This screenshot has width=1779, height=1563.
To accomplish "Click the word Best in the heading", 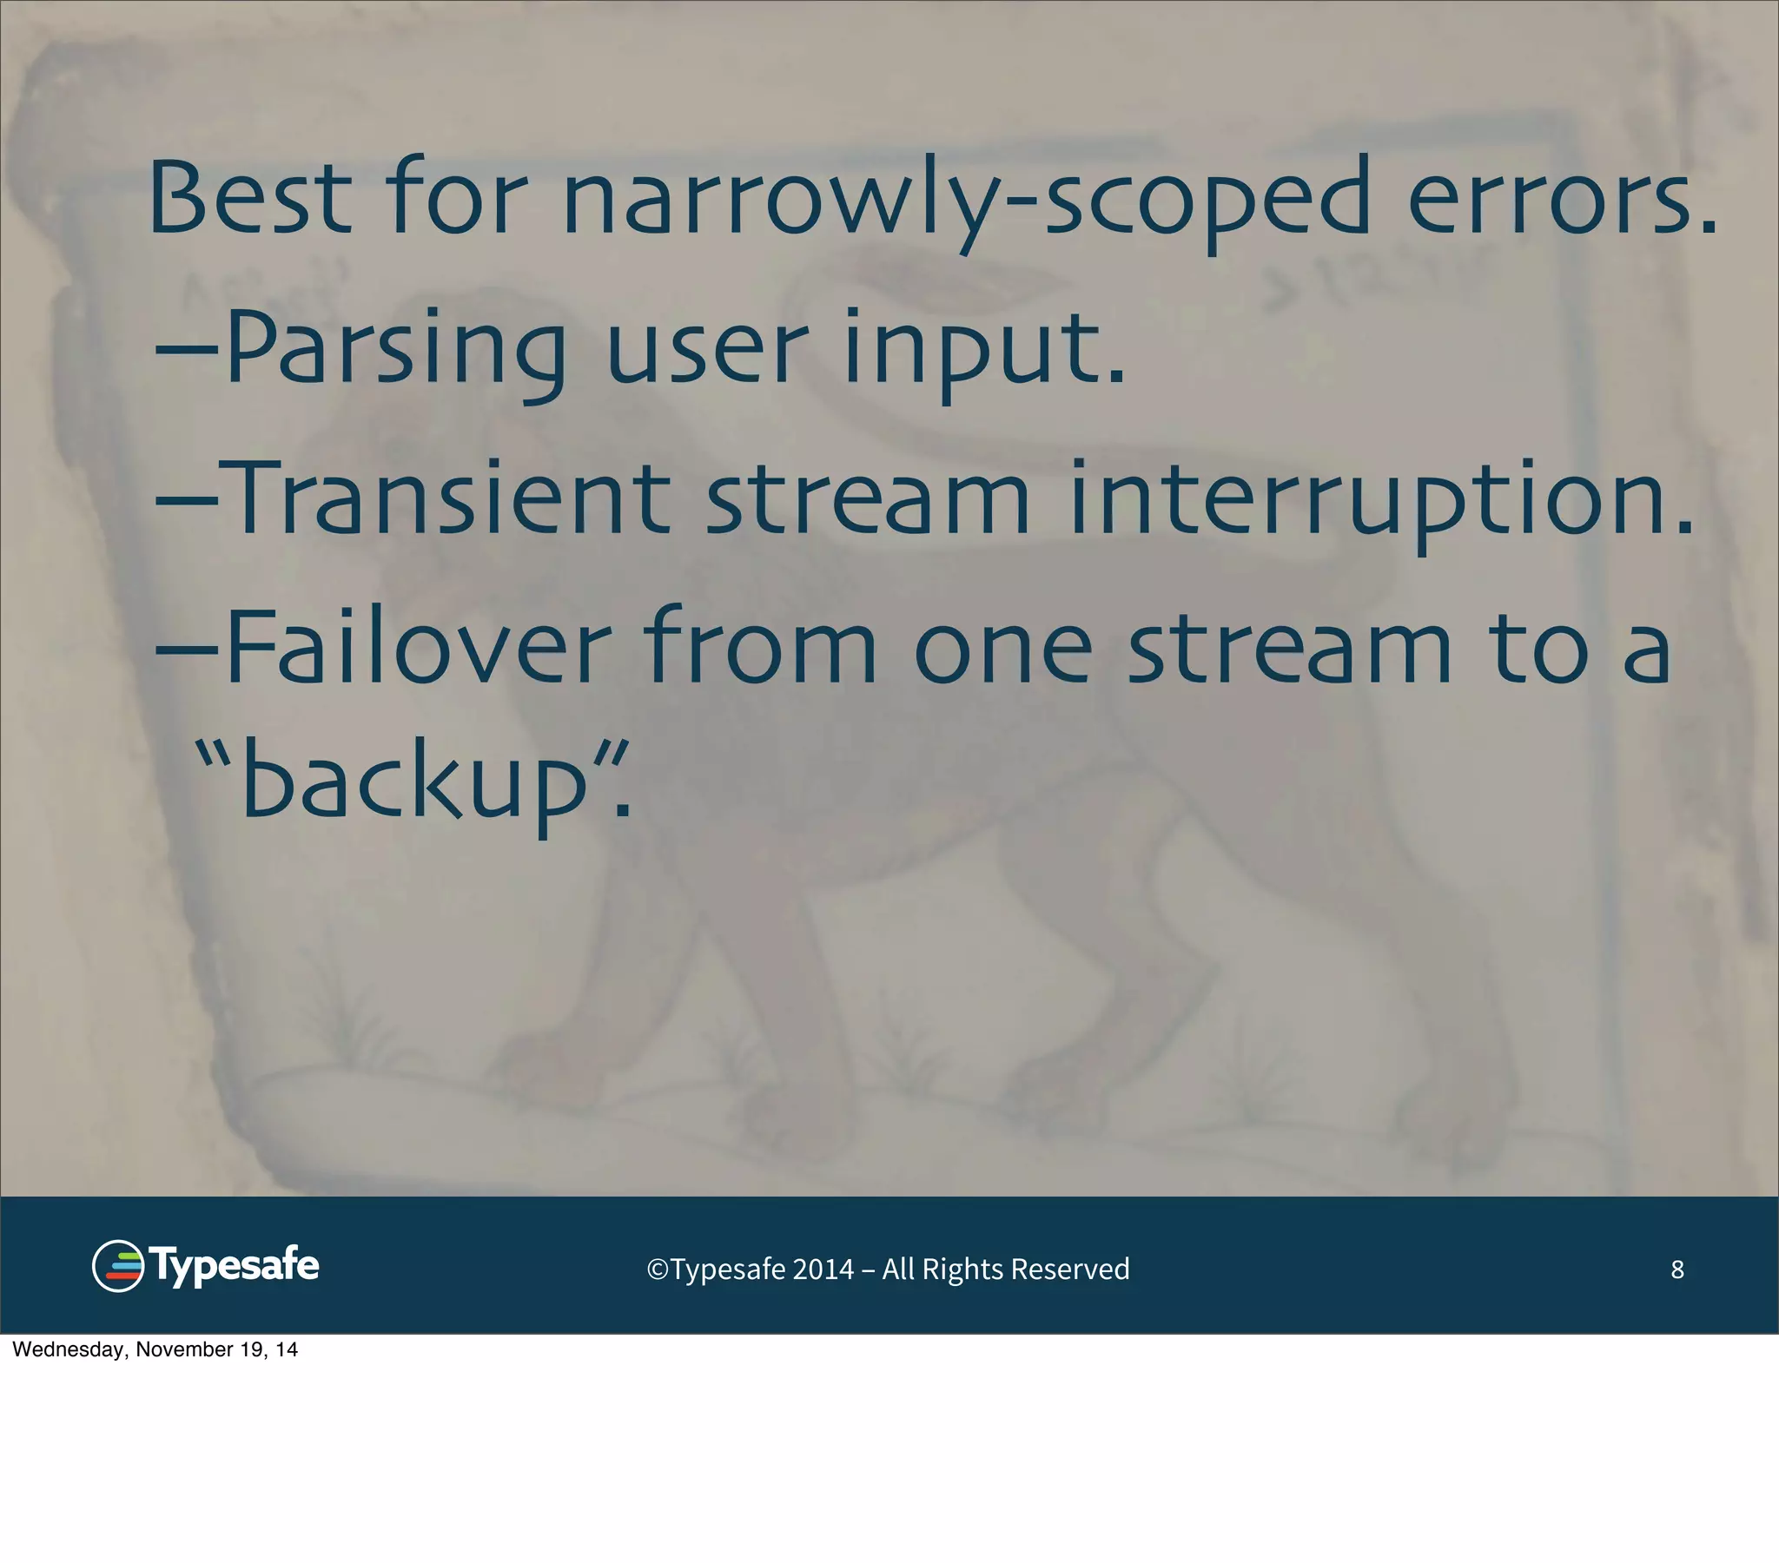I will coord(251,198).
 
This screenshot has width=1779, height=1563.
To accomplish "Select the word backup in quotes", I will coord(414,781).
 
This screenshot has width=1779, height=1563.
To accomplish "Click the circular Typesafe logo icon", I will coord(117,1265).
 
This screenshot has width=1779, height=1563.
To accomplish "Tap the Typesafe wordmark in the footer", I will coord(235,1265).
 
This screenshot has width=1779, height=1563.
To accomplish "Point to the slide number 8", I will coord(1676,1270).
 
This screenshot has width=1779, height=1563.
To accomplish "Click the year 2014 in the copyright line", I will coord(823,1270).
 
